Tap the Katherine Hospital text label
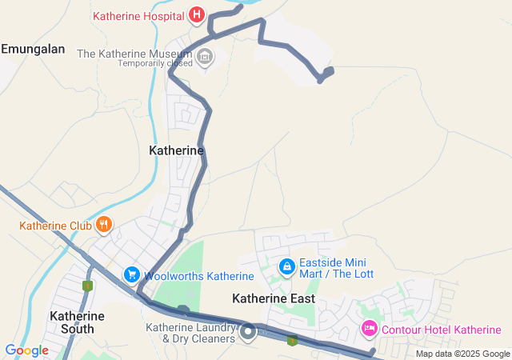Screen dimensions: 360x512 coord(138,16)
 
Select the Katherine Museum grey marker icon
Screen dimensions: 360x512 coord(206,56)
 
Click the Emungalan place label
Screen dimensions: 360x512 coord(33,50)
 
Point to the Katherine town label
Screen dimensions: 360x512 coord(176,150)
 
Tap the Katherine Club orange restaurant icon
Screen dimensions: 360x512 coord(102,225)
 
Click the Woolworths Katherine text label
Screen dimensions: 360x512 coord(198,277)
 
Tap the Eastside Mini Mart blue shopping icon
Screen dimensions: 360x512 coord(286,265)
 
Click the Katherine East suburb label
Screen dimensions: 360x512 coord(274,298)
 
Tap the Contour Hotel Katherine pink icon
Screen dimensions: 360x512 coord(369,328)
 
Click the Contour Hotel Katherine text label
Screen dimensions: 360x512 coord(441,330)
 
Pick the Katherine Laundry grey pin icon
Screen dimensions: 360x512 coord(250,330)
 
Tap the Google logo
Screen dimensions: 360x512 coord(26,350)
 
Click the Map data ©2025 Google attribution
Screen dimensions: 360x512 coord(462,354)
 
